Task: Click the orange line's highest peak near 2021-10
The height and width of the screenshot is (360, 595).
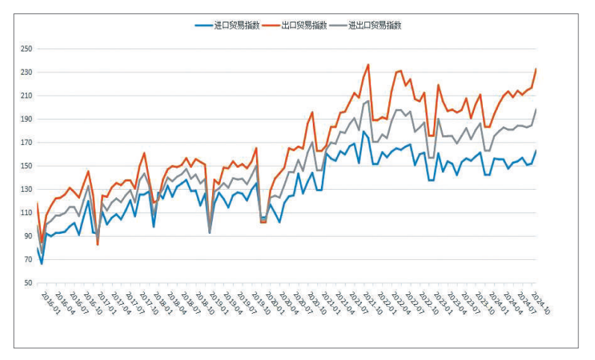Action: (x=368, y=65)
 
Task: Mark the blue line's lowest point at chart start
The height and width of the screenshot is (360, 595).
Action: (x=42, y=264)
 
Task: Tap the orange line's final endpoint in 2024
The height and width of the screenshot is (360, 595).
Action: (x=536, y=69)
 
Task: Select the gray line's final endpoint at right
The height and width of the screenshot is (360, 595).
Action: (x=536, y=110)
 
